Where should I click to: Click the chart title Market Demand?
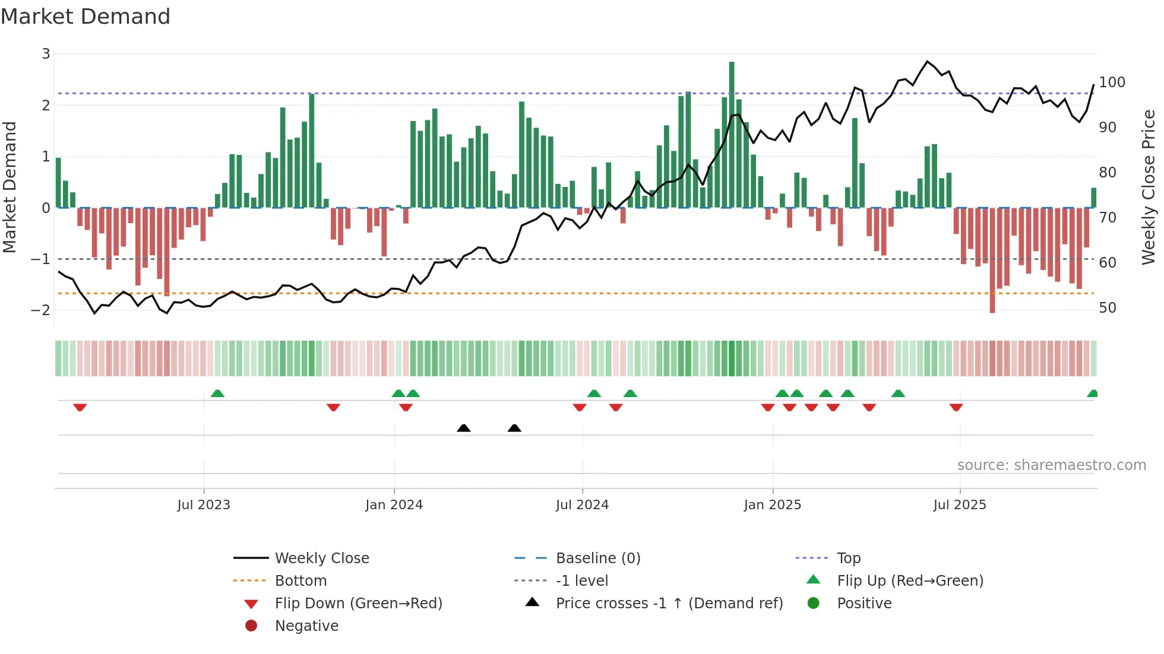[x=86, y=17]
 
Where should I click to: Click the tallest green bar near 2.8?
[x=732, y=134]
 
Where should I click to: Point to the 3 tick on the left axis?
[x=46, y=54]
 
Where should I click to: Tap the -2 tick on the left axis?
[x=40, y=310]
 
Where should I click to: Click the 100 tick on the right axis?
[x=1112, y=82]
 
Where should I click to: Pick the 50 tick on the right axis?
[x=1108, y=308]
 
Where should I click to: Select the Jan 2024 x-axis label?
[x=394, y=505]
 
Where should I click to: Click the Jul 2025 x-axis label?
[x=959, y=505]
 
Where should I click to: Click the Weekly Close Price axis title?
[x=1149, y=187]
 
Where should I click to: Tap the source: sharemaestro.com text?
[x=1051, y=465]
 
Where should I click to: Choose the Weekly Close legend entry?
[x=321, y=558]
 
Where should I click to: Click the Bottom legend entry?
[x=301, y=581]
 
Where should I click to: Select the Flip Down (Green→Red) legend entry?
[x=358, y=604]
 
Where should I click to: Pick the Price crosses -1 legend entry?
[x=669, y=604]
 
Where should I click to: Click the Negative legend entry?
[x=306, y=626]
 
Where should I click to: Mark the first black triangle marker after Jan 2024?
[x=464, y=428]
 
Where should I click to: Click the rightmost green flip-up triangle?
[x=1092, y=393]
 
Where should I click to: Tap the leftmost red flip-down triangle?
[x=80, y=407]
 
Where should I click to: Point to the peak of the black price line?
[x=927, y=61]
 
